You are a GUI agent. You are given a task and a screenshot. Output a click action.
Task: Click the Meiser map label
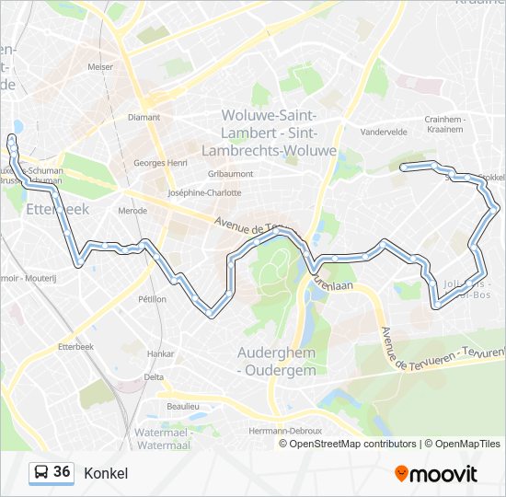[x=100, y=67]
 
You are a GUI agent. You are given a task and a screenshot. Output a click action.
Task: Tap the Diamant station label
[x=144, y=117]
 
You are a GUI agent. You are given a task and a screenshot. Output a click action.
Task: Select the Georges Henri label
[x=160, y=163]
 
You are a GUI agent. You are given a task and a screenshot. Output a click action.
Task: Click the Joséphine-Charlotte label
[x=204, y=192]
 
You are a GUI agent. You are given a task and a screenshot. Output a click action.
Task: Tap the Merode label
[x=132, y=210]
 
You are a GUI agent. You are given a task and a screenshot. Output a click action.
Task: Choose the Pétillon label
[x=152, y=299]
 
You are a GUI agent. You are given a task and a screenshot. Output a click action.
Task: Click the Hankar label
[x=161, y=353]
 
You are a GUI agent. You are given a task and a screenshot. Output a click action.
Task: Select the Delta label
[x=154, y=376]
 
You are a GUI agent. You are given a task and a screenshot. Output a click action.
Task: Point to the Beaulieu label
[x=182, y=406]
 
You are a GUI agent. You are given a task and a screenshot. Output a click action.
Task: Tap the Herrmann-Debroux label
[x=286, y=431]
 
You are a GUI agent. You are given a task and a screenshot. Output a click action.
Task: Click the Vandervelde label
[x=384, y=132]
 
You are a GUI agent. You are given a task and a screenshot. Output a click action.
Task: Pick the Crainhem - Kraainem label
[x=446, y=124]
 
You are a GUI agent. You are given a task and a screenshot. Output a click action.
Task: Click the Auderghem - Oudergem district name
[x=277, y=361]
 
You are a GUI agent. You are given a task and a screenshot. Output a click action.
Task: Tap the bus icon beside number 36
[x=41, y=472]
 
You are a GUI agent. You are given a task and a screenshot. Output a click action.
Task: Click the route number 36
[x=62, y=471]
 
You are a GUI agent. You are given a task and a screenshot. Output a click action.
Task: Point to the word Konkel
[x=106, y=473]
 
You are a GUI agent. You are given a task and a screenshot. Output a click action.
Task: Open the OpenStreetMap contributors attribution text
[x=352, y=444]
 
